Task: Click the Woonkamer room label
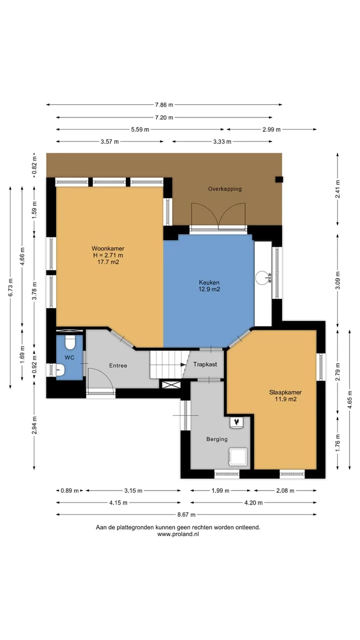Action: tap(107, 248)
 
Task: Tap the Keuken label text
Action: tap(209, 282)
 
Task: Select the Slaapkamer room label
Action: tap(285, 392)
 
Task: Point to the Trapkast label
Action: tap(205, 364)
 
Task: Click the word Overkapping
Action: tap(225, 189)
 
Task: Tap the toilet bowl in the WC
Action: tap(70, 342)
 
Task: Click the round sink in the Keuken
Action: tap(262, 277)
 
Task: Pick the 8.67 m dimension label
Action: tap(186, 514)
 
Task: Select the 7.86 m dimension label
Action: tap(164, 105)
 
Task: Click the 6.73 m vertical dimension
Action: tap(10, 287)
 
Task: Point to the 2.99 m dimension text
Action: tap(271, 129)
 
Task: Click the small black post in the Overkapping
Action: tap(279, 179)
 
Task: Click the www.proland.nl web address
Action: tap(178, 534)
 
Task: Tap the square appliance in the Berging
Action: tap(237, 457)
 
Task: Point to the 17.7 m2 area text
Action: tap(108, 261)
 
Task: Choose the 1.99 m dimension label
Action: tap(220, 490)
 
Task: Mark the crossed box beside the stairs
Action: tap(171, 384)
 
